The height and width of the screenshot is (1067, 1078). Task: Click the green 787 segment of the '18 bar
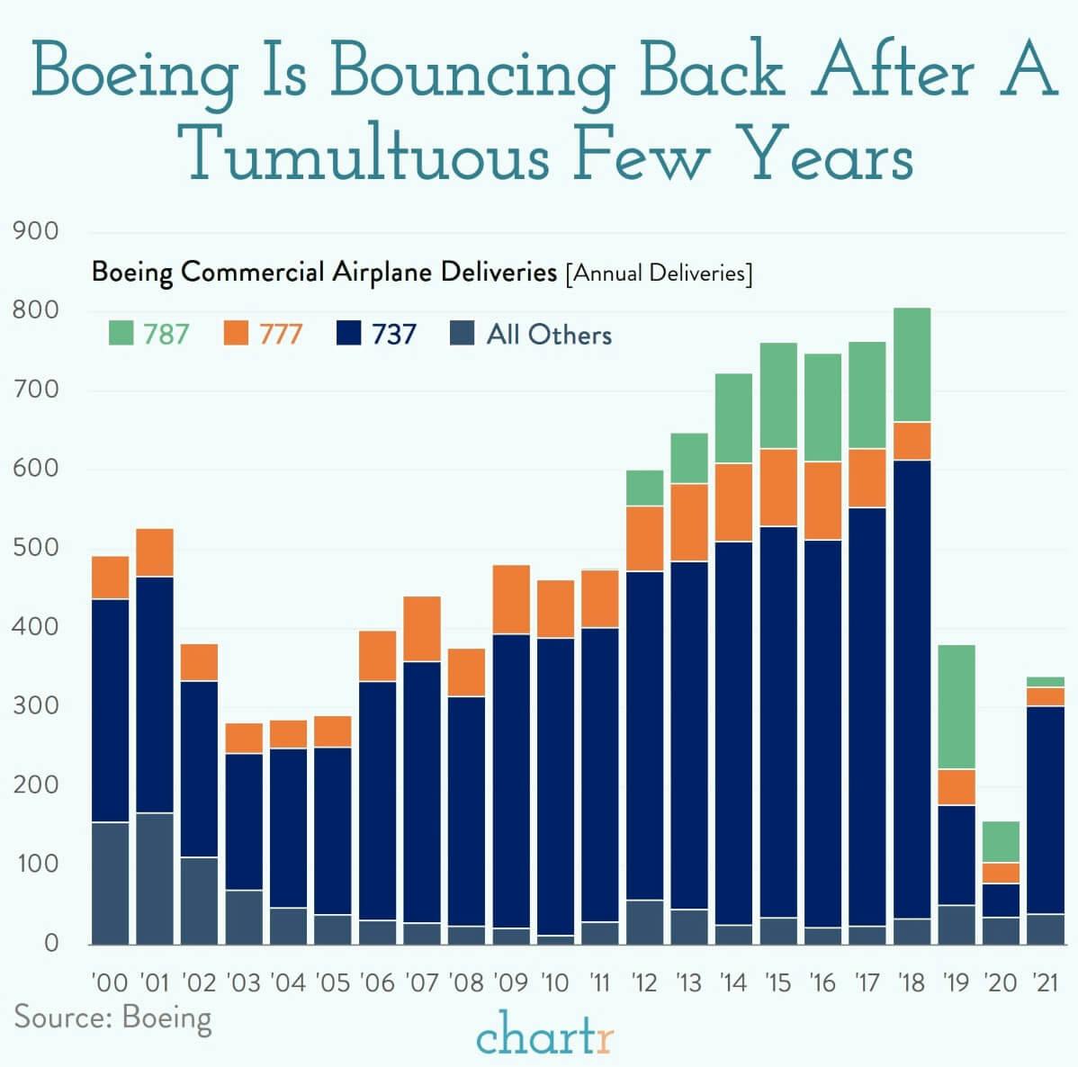[x=912, y=364]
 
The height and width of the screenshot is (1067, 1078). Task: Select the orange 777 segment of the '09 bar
[x=511, y=599]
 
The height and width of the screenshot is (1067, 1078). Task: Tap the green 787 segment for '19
[x=957, y=707]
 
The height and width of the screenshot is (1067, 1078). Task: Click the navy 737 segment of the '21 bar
[x=1046, y=810]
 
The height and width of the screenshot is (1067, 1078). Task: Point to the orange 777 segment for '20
[x=1001, y=873]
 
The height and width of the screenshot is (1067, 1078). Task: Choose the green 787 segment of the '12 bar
[x=645, y=488]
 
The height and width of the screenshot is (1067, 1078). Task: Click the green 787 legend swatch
[x=120, y=335]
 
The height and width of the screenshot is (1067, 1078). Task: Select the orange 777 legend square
[x=235, y=335]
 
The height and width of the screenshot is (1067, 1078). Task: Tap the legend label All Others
[x=549, y=335]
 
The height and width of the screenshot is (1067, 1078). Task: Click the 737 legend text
[x=393, y=335]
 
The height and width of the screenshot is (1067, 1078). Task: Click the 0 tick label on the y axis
[x=50, y=943]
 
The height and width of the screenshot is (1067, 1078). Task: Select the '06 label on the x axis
[x=377, y=982]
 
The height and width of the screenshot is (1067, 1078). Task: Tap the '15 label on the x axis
[x=778, y=982]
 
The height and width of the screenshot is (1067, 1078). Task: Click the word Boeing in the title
[x=135, y=72]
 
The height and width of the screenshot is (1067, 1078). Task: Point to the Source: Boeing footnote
[x=113, y=1018]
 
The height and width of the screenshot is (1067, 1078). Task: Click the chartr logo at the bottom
[x=545, y=1037]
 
